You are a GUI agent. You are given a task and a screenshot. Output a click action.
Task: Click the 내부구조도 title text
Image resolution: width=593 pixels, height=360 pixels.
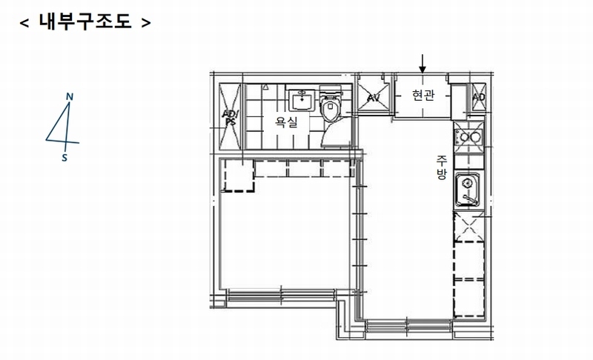pos(85,21)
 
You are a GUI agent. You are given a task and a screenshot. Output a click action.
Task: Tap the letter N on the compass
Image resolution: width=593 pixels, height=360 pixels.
pos(70,97)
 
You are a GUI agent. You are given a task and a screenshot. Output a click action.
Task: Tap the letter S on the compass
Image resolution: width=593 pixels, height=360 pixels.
pos(64,158)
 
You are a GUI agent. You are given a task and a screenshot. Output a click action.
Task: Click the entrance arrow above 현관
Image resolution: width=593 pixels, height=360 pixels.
pos(423,64)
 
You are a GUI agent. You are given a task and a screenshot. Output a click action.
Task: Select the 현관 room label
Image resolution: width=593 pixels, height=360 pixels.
pos(423,95)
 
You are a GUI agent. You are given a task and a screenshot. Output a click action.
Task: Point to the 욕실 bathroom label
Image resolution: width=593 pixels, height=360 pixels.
pos(286,121)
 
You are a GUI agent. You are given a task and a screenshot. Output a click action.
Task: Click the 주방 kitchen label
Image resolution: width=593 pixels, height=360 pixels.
pos(441,167)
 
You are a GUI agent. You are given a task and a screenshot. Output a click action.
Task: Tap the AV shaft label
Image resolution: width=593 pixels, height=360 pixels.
pos(374,98)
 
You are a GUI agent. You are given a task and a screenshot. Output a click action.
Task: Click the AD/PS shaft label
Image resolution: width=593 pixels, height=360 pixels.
pos(230,118)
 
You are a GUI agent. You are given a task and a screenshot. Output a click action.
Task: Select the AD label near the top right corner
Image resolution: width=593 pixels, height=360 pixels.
pos(478,97)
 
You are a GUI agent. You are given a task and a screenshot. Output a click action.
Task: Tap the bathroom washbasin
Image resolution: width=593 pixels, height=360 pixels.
pos(302,100)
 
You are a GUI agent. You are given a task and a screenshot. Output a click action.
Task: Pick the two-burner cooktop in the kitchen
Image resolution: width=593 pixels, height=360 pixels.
pos(468,136)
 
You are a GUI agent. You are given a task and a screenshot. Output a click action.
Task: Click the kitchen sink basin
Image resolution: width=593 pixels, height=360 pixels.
pos(468,190)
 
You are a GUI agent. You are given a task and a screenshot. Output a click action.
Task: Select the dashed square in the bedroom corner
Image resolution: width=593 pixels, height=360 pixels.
pos(238,176)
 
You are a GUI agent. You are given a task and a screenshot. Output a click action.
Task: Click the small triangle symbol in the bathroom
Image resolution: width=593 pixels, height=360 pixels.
pos(266,87)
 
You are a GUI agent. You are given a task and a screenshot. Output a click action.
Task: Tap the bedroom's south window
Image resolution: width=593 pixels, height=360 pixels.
pos(282,295)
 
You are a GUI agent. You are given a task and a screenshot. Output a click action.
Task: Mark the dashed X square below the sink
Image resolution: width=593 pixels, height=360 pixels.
pos(469,227)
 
